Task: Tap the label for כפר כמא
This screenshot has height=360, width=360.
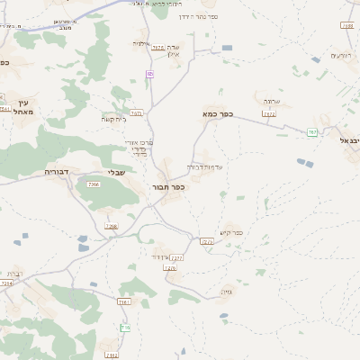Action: click(x=218, y=114)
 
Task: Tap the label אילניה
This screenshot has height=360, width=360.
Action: click(x=141, y=43)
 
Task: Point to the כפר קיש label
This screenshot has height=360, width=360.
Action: click(x=231, y=232)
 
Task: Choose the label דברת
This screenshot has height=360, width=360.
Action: click(x=14, y=274)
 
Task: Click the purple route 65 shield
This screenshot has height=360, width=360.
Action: click(x=149, y=74)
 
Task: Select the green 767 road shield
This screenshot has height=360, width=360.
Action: click(x=311, y=132)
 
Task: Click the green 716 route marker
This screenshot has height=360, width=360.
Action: click(x=125, y=327)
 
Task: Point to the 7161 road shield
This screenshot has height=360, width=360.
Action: click(x=123, y=302)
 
